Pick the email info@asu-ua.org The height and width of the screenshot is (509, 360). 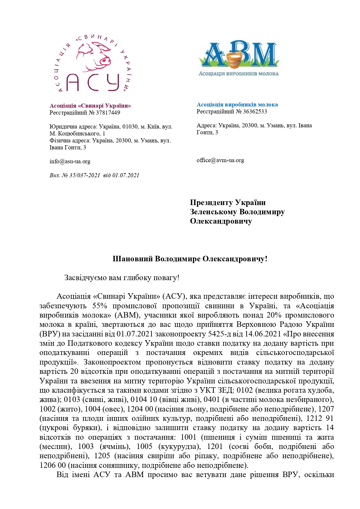[70, 161]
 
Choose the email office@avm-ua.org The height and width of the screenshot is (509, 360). [220, 160]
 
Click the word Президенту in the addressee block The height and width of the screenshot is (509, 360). [211, 202]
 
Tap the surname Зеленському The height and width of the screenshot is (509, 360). [213, 212]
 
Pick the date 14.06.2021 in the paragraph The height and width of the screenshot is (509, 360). [263, 334]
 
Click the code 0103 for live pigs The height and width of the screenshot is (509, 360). [72, 399]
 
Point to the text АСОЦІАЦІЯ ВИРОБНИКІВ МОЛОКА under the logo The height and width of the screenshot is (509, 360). [238, 74]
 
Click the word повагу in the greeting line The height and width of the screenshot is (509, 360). [163, 278]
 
